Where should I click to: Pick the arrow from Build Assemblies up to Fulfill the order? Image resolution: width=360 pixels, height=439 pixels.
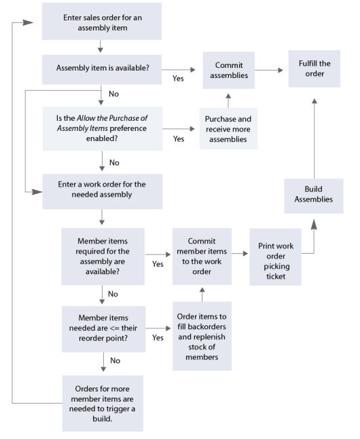pos(314,136)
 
